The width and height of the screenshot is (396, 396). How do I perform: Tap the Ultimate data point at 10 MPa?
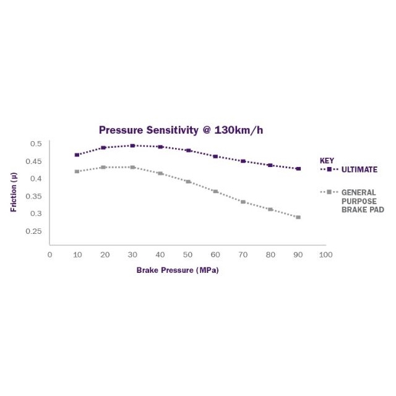77,155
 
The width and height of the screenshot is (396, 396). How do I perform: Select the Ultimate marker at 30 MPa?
132,145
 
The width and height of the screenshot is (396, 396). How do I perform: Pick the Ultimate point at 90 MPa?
298,168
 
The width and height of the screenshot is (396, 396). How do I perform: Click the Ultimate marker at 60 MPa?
215,157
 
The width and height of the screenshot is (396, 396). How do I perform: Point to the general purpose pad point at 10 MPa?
77,171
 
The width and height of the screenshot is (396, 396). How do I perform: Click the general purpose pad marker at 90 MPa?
298,217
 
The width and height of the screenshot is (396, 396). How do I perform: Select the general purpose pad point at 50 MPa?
188,182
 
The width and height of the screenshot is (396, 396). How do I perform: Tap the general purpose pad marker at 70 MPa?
243,202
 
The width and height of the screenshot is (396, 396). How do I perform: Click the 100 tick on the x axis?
326,254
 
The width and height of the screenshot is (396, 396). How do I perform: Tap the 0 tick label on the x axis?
49,254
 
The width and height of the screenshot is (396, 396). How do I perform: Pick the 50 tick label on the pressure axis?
188,254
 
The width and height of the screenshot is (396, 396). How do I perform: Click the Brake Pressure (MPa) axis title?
178,270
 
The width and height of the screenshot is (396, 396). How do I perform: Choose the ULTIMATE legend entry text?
359,170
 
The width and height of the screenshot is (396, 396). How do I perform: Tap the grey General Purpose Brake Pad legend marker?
330,192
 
